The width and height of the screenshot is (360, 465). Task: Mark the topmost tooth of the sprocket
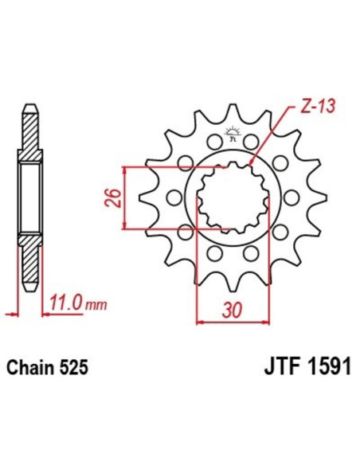(x=230, y=111)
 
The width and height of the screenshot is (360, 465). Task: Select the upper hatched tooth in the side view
(x=29, y=127)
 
